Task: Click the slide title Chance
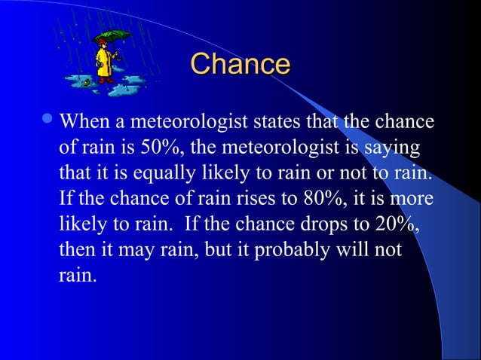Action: coord(240,64)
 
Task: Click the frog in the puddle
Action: coord(87,81)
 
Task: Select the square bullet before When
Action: coord(50,121)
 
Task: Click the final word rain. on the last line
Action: coord(78,276)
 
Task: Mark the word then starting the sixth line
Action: coord(75,250)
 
